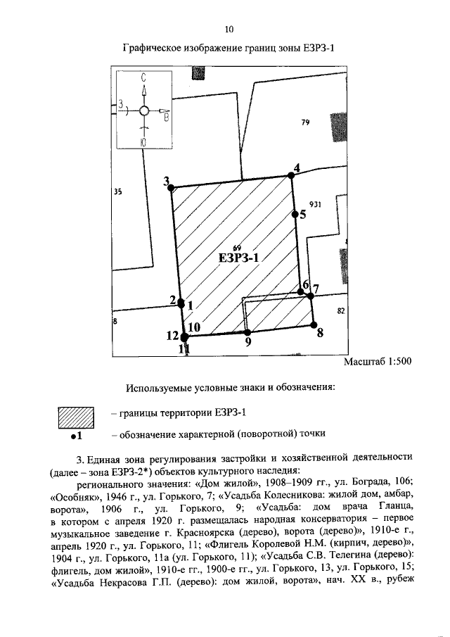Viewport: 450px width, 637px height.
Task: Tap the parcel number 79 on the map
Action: [305, 122]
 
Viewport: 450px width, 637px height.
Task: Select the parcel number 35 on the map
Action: [117, 191]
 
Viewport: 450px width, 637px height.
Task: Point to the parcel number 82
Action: [341, 310]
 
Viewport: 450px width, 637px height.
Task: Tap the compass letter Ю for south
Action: [143, 142]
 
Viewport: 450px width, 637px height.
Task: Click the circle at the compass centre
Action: [143, 111]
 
